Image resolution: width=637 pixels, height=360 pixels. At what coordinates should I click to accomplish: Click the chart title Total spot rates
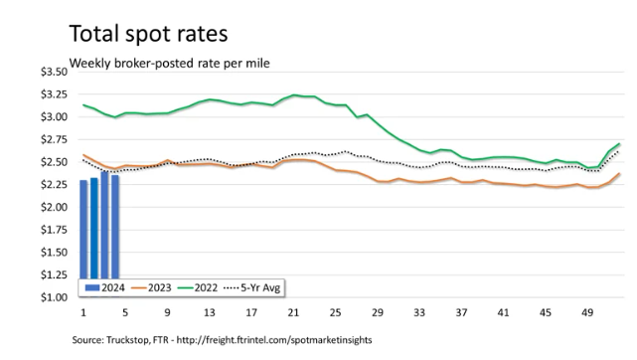point(148,34)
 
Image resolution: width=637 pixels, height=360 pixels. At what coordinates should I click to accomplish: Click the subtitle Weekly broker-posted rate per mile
point(169,64)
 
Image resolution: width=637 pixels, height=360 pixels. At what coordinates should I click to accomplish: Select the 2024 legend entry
point(104,287)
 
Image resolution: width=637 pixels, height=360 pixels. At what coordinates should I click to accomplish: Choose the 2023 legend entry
point(151,287)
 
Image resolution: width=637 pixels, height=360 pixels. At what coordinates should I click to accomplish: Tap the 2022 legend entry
point(198,287)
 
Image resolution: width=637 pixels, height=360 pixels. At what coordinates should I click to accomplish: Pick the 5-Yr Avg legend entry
point(251,287)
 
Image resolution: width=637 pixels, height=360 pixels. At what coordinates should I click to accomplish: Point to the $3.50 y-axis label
point(54,72)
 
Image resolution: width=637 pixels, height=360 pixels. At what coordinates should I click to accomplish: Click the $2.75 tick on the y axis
point(54,140)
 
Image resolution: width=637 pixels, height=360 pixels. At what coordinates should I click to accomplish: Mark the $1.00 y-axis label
point(54,297)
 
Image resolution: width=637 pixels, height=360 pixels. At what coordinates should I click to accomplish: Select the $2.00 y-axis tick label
point(54,207)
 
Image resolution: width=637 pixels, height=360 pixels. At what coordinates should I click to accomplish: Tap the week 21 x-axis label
point(293,312)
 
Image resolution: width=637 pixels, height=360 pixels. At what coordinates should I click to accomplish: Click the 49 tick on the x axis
point(587,312)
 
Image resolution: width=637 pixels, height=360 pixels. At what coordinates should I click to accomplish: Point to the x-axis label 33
point(419,312)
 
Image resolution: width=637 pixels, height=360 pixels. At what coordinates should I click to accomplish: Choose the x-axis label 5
point(125,312)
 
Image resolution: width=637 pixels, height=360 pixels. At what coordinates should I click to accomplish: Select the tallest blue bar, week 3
point(104,225)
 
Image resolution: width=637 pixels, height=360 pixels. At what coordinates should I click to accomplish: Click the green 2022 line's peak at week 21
point(294,95)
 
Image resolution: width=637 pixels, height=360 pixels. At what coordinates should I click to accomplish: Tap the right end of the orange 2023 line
point(619,173)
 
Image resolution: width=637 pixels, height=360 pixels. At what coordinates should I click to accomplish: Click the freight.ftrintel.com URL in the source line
point(274,340)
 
